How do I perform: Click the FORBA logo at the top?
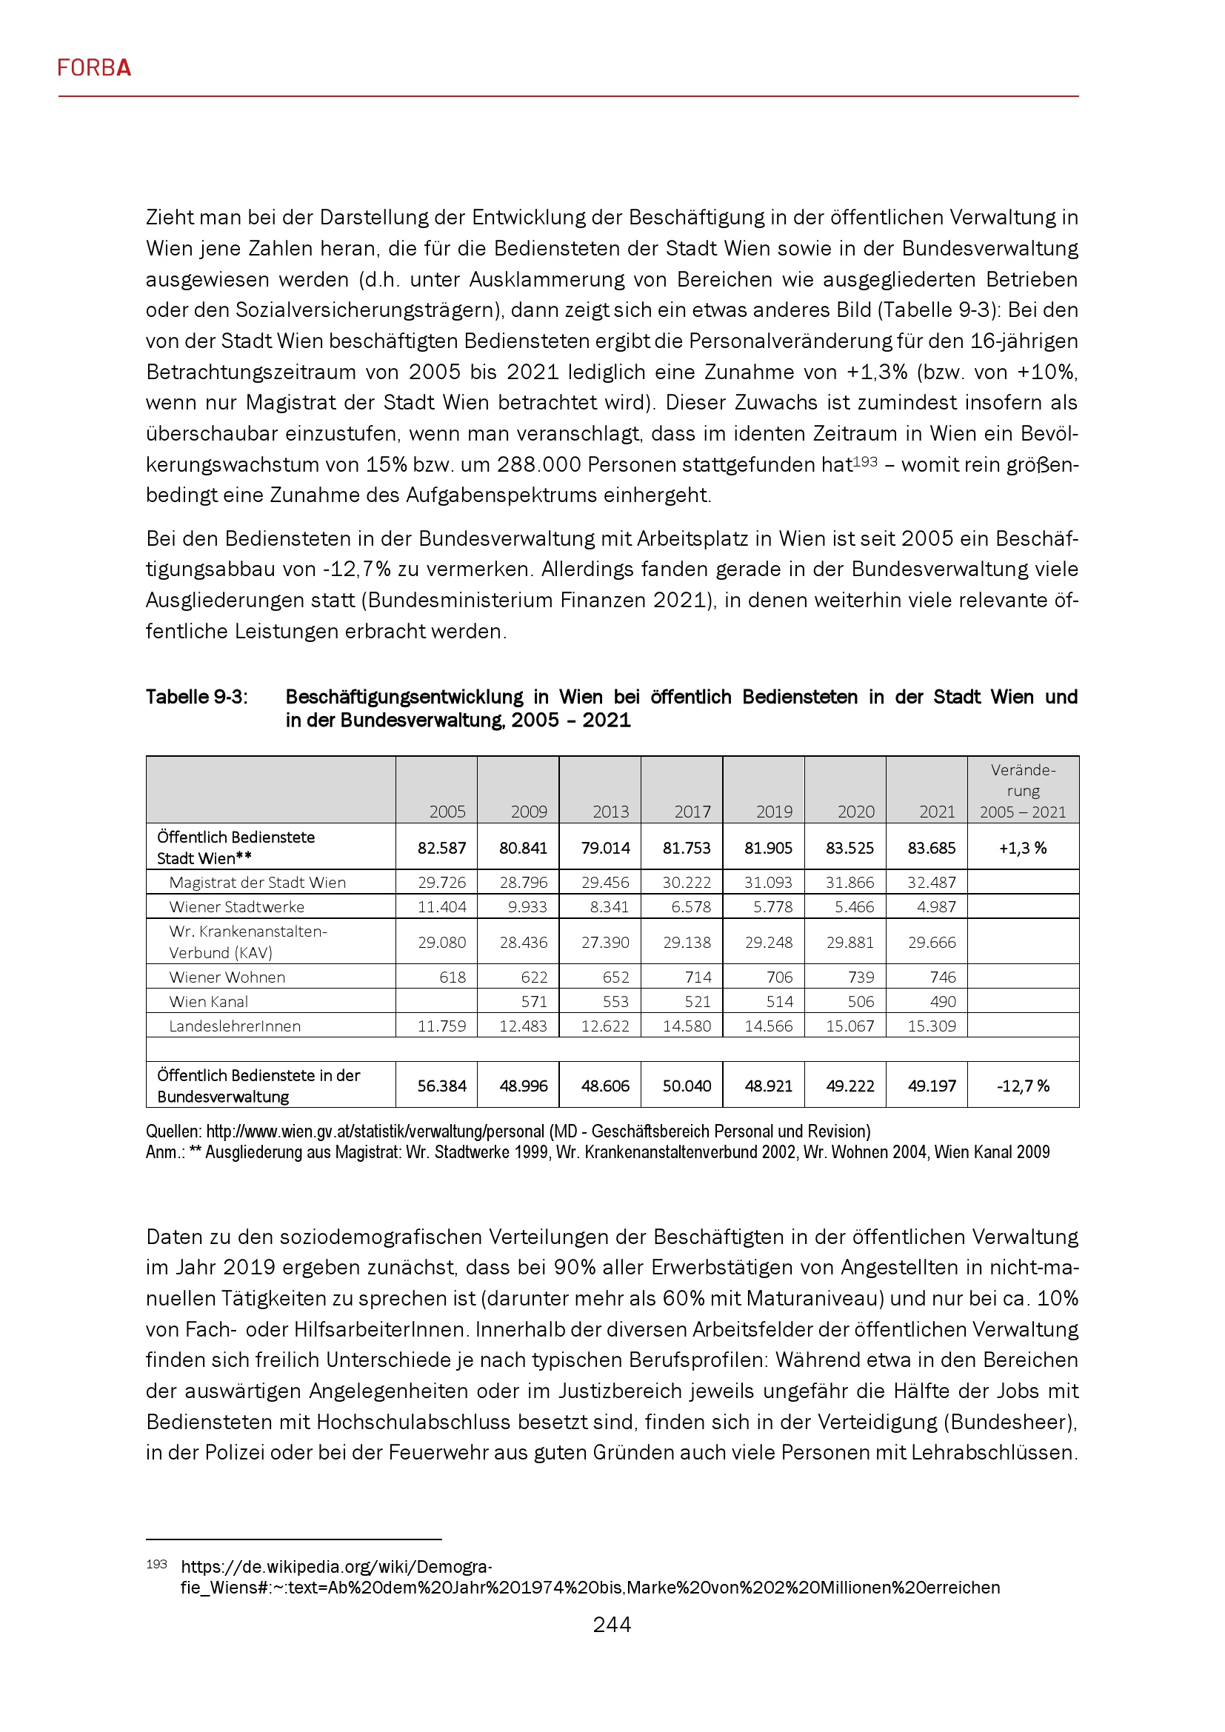(x=94, y=68)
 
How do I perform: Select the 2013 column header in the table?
(x=610, y=812)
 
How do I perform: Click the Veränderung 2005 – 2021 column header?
(x=1023, y=791)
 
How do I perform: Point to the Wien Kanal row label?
(x=208, y=1002)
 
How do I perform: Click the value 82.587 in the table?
(x=441, y=848)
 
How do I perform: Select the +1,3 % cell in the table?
(x=1023, y=848)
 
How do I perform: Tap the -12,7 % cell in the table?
(x=1023, y=1086)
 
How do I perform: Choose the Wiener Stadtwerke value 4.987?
(x=936, y=907)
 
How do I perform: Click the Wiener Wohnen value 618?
(x=453, y=977)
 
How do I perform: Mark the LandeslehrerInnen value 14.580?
(x=687, y=1026)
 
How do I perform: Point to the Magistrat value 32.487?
(x=932, y=883)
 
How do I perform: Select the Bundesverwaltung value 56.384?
(x=441, y=1086)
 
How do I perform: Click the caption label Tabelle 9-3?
(x=196, y=697)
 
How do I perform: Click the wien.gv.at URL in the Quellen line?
(x=375, y=1131)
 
